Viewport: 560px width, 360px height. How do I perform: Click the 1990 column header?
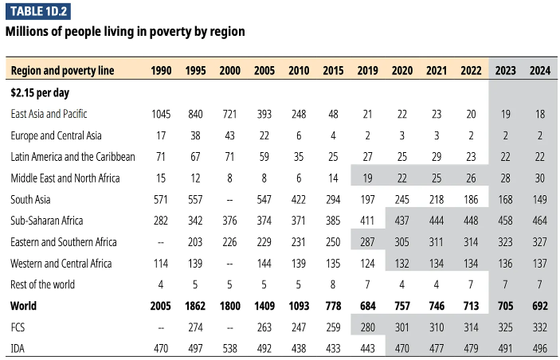pos(161,71)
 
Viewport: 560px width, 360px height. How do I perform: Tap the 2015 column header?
pos(334,71)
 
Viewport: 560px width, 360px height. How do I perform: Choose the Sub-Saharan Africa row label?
pos(47,221)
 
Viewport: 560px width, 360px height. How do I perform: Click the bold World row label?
pos(24,306)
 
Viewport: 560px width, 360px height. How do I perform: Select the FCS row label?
pos(19,327)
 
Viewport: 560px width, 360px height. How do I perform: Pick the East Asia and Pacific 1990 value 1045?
pos(161,114)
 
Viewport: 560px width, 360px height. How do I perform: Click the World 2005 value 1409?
pos(264,306)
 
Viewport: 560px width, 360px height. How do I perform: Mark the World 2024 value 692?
pos(539,306)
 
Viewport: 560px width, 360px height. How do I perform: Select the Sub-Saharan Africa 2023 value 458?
pos(505,221)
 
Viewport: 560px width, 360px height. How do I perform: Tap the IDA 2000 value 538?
pos(229,348)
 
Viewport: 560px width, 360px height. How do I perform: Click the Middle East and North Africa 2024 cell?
pos(539,178)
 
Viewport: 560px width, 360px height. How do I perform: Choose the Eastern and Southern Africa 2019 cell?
pos(368,242)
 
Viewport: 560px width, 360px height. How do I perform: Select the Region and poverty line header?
pos(63,71)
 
